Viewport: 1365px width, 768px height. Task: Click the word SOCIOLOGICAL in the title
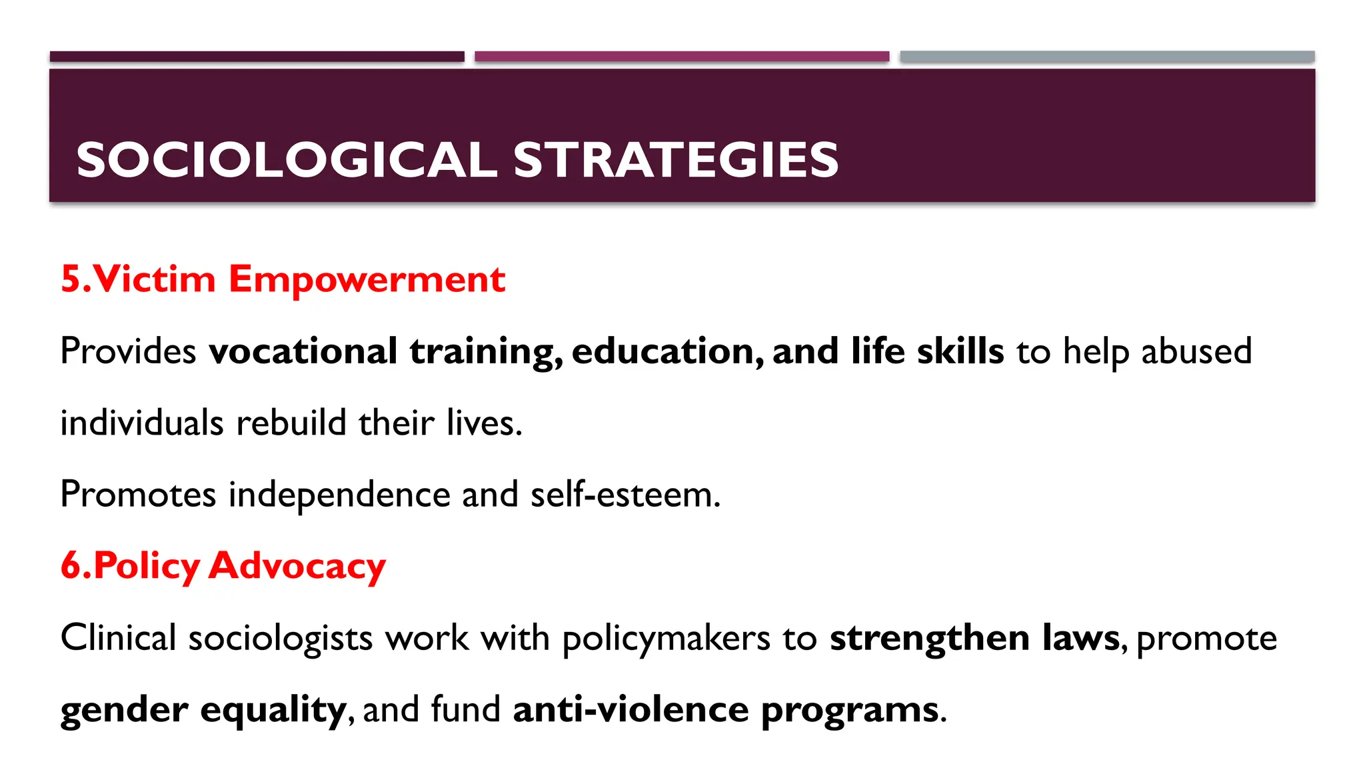click(x=287, y=160)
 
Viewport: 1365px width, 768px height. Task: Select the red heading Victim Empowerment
click(x=283, y=279)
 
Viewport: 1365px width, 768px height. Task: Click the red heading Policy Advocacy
click(x=223, y=566)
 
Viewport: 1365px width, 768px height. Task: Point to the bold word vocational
click(x=303, y=351)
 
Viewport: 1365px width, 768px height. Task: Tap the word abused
click(x=1196, y=351)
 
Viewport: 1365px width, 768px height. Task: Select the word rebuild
click(x=291, y=423)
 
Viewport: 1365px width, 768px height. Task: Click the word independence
click(x=339, y=495)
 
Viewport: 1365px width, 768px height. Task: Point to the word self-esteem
click(x=625, y=495)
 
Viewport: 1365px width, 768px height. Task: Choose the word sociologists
click(x=281, y=638)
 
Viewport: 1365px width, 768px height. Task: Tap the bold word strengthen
click(x=929, y=638)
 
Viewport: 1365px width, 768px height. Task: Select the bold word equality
click(x=273, y=709)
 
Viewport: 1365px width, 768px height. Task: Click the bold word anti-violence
click(x=631, y=709)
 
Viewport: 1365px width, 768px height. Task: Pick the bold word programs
click(x=850, y=709)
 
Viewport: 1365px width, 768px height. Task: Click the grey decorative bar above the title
click(x=1107, y=57)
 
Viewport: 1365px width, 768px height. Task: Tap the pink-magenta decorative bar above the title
click(x=682, y=57)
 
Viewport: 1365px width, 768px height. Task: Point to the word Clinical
click(x=118, y=638)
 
